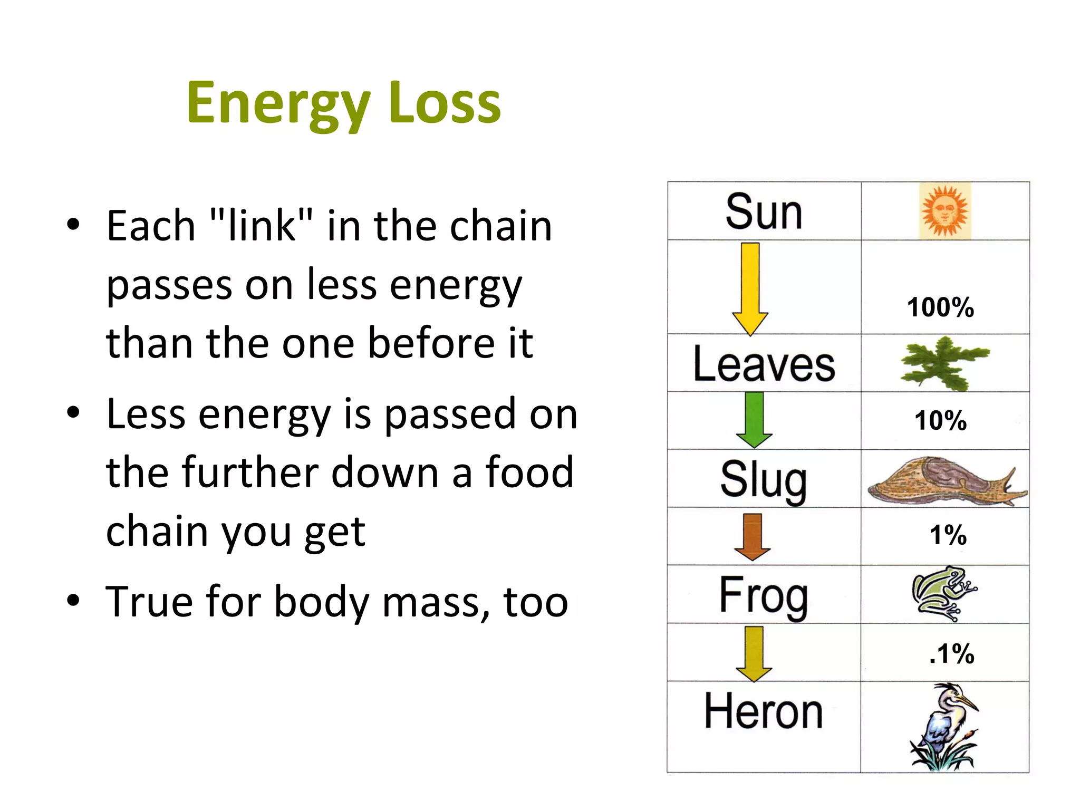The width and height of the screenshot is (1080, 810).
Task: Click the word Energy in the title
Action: (278, 103)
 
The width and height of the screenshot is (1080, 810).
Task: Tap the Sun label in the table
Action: (764, 212)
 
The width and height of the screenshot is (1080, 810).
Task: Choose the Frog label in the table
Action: (764, 595)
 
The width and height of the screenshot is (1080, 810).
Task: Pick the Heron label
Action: (764, 711)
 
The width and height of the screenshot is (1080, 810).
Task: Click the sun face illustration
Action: (944, 211)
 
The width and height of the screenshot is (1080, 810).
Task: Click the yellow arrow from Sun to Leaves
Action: (750, 288)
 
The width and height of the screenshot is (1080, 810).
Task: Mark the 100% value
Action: (940, 307)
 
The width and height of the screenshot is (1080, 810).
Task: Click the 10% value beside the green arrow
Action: (940, 420)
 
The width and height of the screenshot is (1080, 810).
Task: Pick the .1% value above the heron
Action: (952, 653)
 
